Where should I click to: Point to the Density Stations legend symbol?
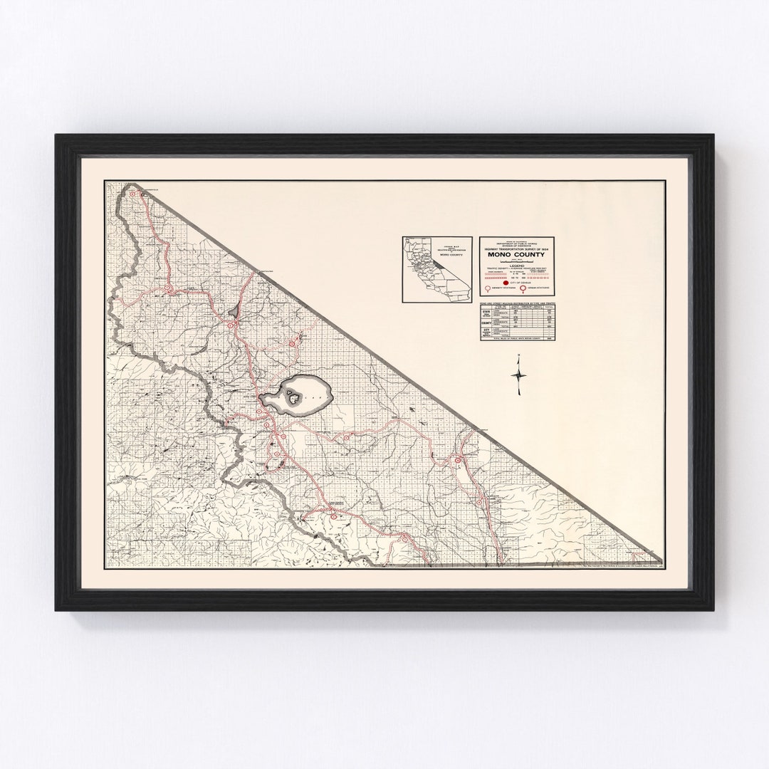(x=488, y=290)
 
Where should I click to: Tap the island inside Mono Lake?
(x=292, y=393)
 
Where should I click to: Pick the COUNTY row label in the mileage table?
(x=486, y=325)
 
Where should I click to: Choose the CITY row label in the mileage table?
(x=486, y=333)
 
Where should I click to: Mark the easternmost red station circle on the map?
(x=456, y=461)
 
